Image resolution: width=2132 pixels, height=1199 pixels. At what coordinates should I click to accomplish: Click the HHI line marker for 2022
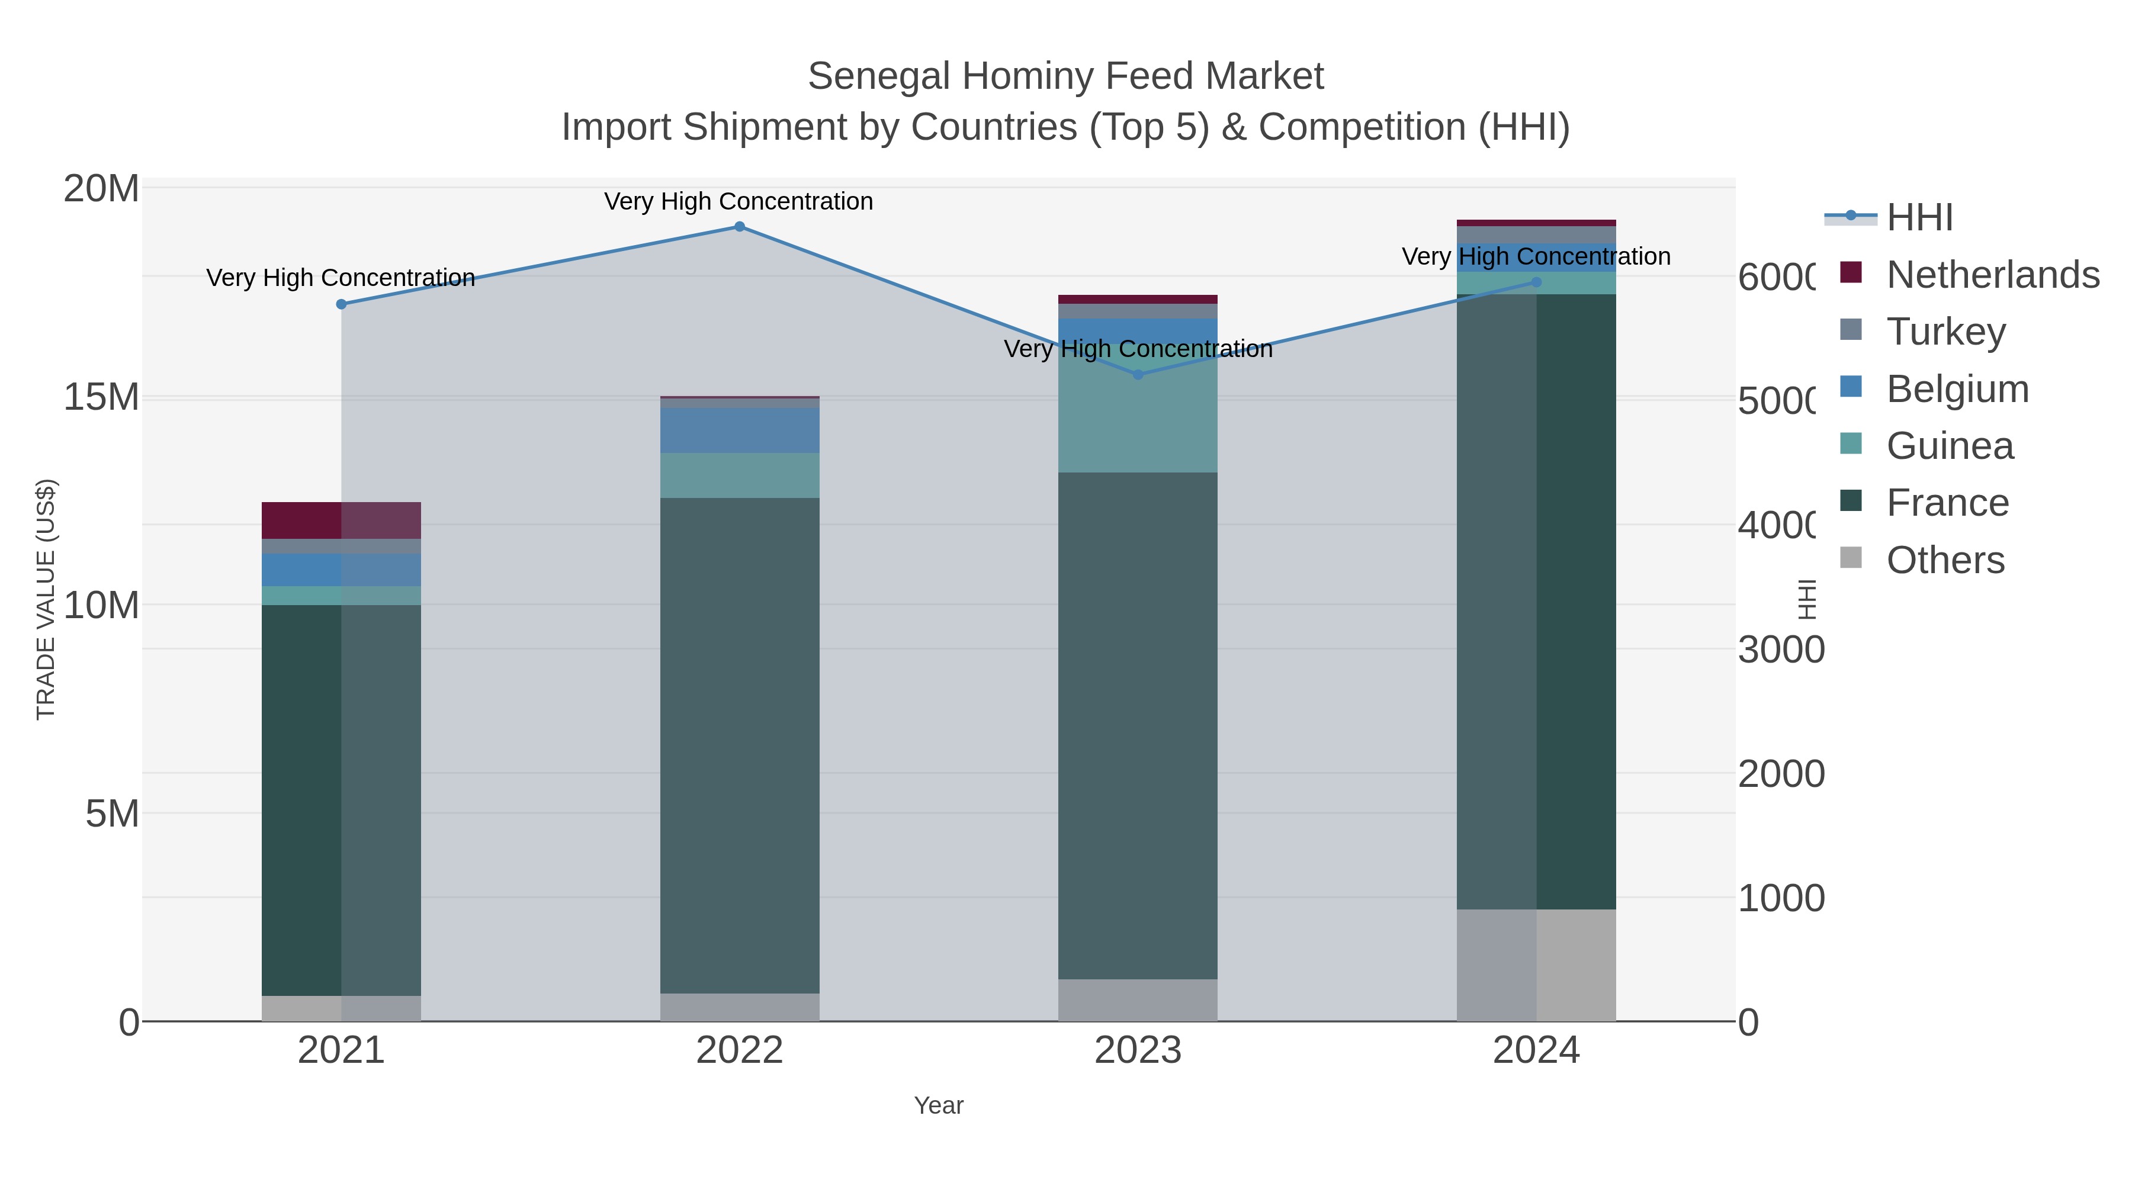pos(739,227)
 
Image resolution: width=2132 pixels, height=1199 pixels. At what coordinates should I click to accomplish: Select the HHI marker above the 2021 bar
pos(341,304)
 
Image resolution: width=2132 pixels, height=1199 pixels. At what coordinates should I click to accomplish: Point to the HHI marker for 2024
pos(1536,282)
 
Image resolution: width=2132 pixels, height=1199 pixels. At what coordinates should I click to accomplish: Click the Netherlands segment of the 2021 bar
pos(341,520)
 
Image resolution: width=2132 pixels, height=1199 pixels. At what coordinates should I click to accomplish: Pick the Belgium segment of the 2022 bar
pos(739,430)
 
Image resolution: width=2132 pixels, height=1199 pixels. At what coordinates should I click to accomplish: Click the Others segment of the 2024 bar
pos(1536,965)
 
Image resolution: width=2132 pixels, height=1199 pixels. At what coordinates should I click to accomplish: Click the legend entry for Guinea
pos(1949,445)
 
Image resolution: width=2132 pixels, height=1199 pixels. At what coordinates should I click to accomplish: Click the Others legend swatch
pos(1851,558)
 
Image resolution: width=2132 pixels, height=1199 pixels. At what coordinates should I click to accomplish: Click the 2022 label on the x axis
pos(739,1051)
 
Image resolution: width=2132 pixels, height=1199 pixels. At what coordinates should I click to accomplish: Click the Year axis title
pos(939,1105)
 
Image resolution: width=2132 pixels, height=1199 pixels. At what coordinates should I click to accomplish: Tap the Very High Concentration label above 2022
pos(739,201)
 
